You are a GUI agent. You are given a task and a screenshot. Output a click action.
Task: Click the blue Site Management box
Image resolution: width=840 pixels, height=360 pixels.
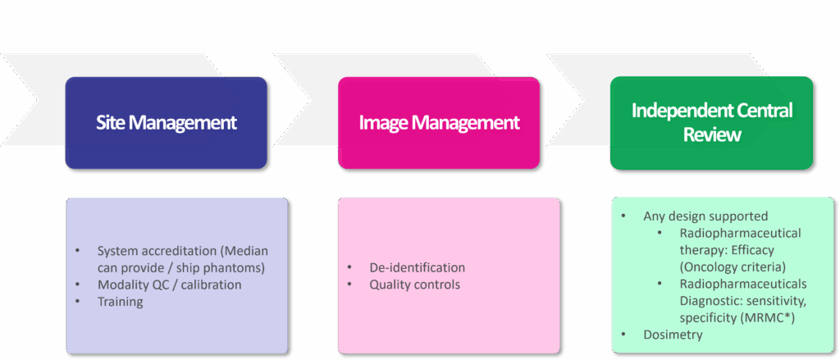pyautogui.click(x=166, y=123)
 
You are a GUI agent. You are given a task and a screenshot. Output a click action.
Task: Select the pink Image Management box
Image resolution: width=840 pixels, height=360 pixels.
pyautogui.click(x=439, y=123)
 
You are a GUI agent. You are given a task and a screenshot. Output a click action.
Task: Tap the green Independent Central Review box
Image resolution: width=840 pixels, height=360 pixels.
pyautogui.click(x=711, y=123)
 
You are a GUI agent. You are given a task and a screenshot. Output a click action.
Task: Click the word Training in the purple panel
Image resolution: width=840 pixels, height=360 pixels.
pyautogui.click(x=120, y=301)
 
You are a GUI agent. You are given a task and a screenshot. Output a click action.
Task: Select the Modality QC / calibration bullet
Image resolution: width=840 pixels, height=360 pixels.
pyautogui.click(x=169, y=284)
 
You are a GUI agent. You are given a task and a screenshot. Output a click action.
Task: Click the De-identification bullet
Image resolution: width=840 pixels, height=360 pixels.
pyautogui.click(x=417, y=267)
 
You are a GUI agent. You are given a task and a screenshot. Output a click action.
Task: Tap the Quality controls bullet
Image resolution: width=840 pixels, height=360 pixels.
pyautogui.click(x=414, y=285)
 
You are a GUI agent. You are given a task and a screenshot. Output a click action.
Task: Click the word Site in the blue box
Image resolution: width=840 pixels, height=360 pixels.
pyautogui.click(x=112, y=123)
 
